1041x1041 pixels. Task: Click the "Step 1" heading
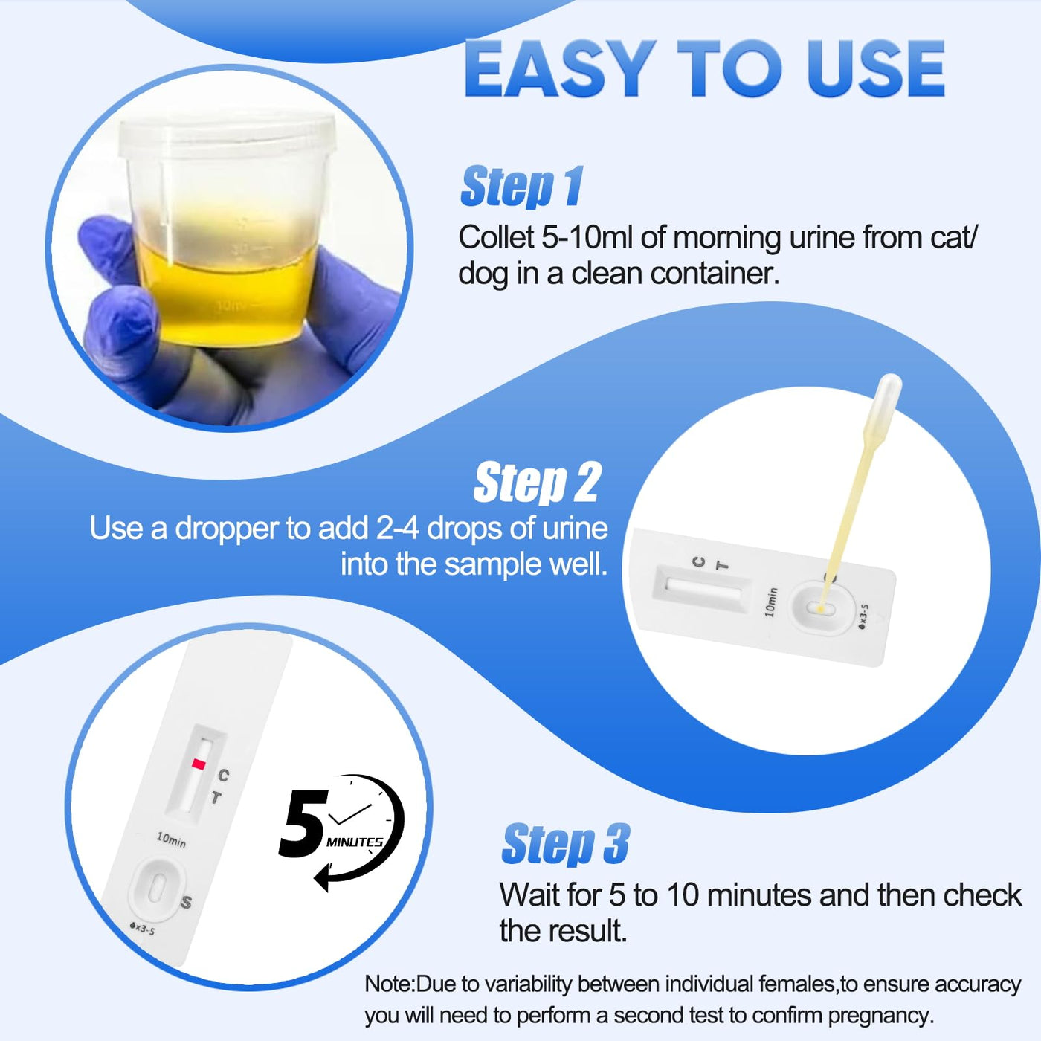pyautogui.click(x=521, y=187)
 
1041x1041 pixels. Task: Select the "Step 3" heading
pyautogui.click(x=566, y=844)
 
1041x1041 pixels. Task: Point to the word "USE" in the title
pyautogui.click(x=875, y=69)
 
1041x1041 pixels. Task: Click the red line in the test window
pyautogui.click(x=199, y=764)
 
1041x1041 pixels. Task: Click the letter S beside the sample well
pyautogui.click(x=187, y=902)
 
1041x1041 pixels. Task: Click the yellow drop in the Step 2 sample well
pyautogui.click(x=821, y=610)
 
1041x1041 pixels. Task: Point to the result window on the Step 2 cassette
pyautogui.click(x=702, y=589)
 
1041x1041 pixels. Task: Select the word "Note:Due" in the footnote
pyautogui.click(x=414, y=984)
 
